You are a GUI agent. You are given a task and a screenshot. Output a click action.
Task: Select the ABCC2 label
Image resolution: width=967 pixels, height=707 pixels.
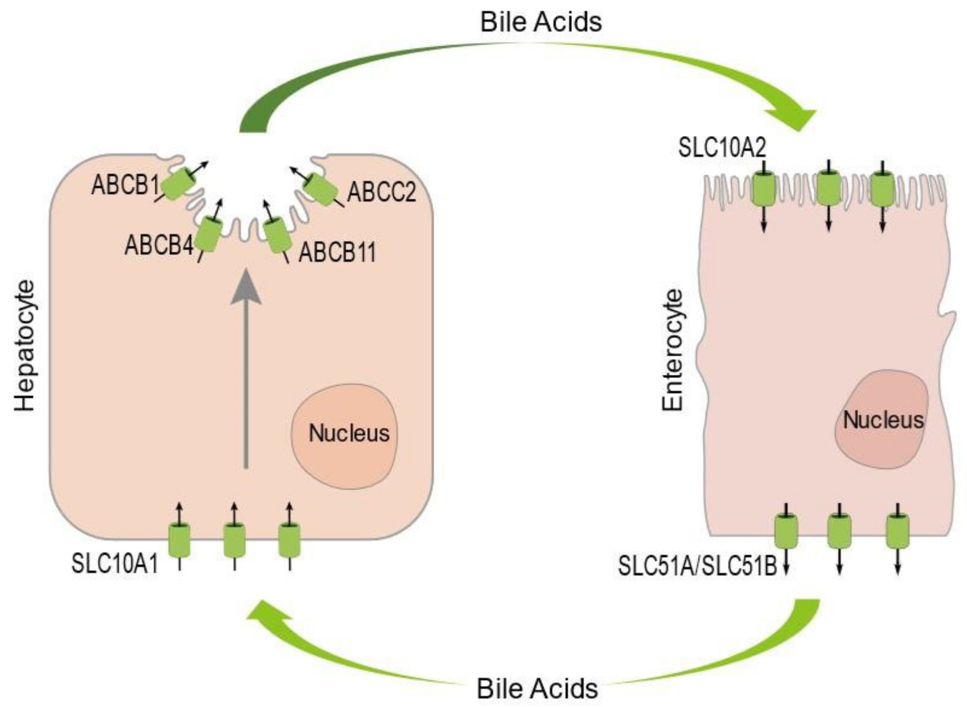(381, 191)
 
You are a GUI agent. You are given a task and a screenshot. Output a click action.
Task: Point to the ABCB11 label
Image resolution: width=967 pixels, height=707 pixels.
(337, 252)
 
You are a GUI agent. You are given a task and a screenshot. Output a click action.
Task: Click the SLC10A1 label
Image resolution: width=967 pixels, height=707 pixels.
(115, 563)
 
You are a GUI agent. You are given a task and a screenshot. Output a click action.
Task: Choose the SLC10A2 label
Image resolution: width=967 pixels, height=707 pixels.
(722, 148)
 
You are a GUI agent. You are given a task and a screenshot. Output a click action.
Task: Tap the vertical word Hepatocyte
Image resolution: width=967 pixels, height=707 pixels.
(24, 346)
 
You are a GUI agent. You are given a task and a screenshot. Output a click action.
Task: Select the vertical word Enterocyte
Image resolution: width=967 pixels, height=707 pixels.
(672, 350)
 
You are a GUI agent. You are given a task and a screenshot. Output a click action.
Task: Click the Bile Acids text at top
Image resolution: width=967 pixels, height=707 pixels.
(541, 22)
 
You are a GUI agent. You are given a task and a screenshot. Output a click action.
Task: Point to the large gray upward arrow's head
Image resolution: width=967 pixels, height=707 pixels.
(246, 287)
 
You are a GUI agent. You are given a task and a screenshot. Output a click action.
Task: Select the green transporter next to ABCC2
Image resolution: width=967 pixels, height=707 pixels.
(319, 189)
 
